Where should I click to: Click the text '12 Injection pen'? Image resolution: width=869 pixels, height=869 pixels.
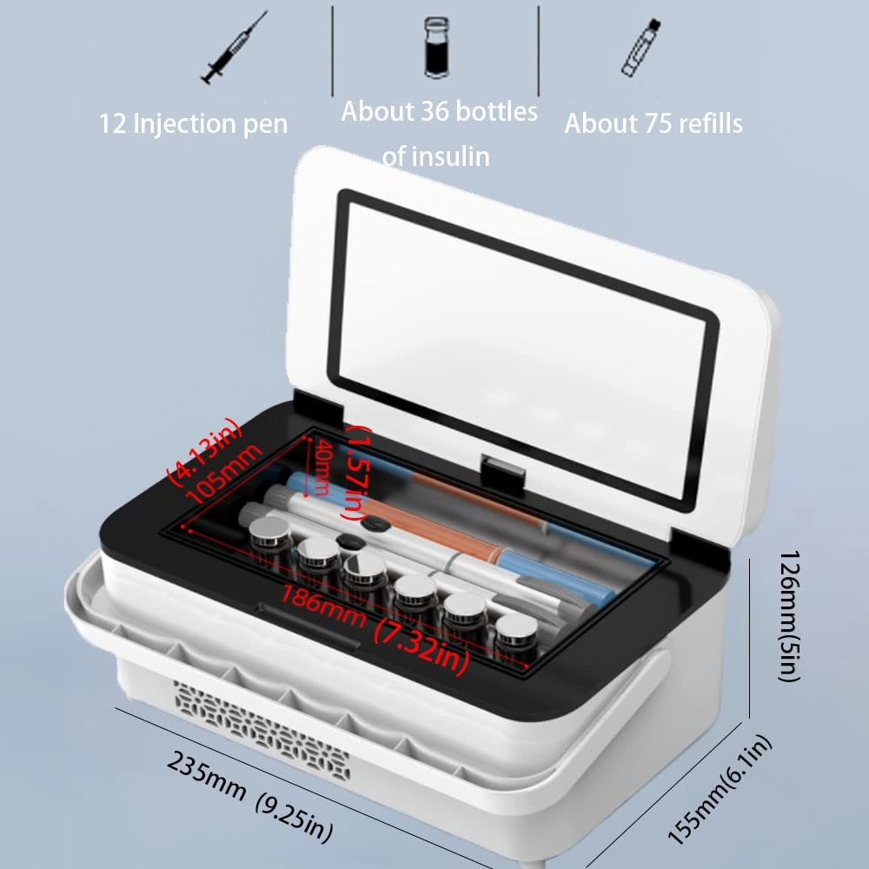193,123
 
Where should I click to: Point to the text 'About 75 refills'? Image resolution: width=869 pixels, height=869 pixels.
653,123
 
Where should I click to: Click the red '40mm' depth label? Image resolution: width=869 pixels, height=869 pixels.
320,467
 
